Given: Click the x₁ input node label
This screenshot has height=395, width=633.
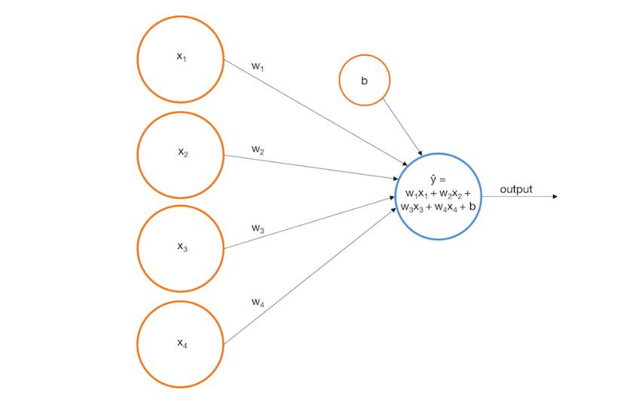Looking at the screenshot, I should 181,57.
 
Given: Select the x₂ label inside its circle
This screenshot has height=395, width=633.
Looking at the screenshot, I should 182,153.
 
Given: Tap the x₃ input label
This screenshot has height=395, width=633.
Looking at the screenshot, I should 182,246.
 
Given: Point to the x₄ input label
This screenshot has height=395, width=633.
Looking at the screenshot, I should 182,344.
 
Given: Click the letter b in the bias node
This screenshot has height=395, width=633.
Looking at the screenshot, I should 364,80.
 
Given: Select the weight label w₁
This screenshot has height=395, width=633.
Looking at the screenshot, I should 258,66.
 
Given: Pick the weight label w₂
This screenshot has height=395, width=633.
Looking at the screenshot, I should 258,151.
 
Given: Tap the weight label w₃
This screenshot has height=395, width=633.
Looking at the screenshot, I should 258,228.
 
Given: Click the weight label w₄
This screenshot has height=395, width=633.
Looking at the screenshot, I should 258,302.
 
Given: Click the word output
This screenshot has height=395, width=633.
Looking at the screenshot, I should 515,189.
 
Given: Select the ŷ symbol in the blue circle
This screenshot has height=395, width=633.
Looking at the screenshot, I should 433,179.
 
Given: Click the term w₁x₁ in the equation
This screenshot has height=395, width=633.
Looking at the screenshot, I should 417,193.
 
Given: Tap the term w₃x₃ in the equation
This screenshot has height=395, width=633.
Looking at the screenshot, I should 412,206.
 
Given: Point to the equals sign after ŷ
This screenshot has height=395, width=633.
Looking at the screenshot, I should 443,180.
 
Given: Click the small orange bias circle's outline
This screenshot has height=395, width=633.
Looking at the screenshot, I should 340,80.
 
